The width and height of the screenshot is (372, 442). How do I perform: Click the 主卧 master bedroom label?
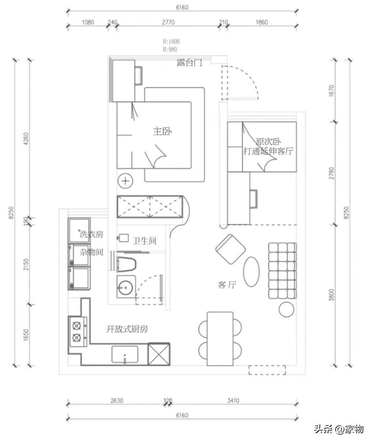(162, 131)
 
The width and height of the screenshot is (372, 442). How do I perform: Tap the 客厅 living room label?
(227, 285)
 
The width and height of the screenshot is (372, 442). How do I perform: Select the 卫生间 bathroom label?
(144, 241)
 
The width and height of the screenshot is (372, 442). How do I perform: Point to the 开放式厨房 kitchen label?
(127, 329)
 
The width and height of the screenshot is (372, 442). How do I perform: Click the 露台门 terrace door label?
(189, 62)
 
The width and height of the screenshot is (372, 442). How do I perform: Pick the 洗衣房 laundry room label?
(92, 234)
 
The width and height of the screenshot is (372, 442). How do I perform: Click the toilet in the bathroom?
(126, 264)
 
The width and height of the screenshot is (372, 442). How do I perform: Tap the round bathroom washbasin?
(125, 287)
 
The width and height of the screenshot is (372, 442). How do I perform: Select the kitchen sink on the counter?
(125, 354)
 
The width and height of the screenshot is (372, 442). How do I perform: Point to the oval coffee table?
(251, 272)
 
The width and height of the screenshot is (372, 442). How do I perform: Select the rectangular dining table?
(220, 339)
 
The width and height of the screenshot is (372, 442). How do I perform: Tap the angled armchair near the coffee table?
(230, 249)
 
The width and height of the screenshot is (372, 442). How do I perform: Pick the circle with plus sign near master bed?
(125, 180)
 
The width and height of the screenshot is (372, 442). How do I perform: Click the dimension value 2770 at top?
(168, 22)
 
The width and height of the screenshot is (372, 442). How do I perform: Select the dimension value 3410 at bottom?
(233, 400)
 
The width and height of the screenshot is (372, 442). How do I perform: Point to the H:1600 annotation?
(171, 41)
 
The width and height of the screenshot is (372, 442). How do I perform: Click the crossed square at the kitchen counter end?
(159, 354)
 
